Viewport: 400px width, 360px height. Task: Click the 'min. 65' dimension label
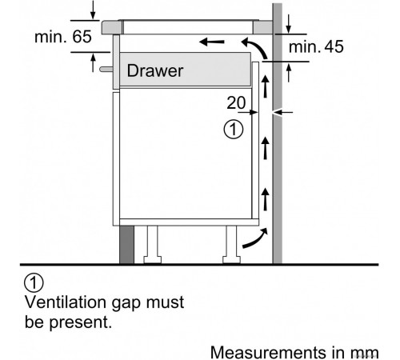click(63, 37)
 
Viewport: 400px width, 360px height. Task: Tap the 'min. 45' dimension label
click(316, 46)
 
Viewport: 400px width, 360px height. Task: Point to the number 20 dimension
click(236, 102)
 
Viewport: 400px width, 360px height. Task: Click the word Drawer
click(155, 71)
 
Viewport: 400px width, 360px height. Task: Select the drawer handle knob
click(106, 70)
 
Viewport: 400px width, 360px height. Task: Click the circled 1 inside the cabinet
click(234, 130)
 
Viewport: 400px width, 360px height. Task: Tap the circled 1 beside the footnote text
click(34, 282)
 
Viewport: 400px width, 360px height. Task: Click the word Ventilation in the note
click(66, 302)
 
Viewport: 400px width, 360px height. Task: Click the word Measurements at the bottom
click(269, 352)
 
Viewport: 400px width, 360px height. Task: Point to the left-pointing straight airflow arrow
click(212, 42)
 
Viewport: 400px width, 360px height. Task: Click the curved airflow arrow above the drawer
click(256, 47)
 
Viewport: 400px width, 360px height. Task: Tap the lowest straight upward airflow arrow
click(265, 199)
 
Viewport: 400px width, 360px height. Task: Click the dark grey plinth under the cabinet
click(126, 245)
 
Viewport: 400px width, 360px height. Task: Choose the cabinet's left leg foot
click(152, 260)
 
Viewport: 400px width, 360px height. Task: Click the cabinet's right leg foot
click(231, 260)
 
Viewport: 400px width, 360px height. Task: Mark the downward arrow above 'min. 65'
click(93, 10)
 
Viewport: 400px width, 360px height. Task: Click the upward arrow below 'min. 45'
click(288, 73)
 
